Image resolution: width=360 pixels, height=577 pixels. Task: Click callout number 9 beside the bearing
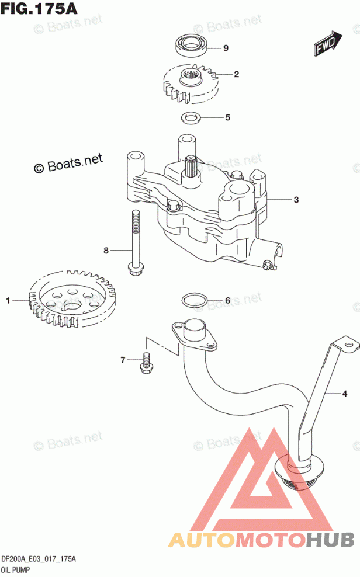[226, 48]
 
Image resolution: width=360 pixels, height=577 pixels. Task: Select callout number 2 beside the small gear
[236, 74]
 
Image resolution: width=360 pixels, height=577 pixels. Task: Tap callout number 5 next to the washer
[227, 117]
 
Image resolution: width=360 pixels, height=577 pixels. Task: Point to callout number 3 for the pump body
[296, 200]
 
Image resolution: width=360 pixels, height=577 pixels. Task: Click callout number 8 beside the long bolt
[106, 251]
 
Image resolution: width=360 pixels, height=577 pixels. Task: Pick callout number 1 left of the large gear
[8, 301]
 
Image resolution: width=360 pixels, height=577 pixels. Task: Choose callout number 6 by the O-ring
[227, 301]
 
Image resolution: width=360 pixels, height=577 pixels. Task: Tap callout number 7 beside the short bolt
[123, 360]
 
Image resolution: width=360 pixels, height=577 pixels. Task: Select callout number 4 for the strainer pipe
[345, 394]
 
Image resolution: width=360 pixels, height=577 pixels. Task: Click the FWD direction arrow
[328, 43]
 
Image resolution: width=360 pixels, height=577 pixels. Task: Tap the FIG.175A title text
[39, 8]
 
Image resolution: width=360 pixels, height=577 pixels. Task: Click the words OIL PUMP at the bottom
[16, 570]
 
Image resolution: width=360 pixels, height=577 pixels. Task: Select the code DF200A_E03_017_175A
[39, 559]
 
